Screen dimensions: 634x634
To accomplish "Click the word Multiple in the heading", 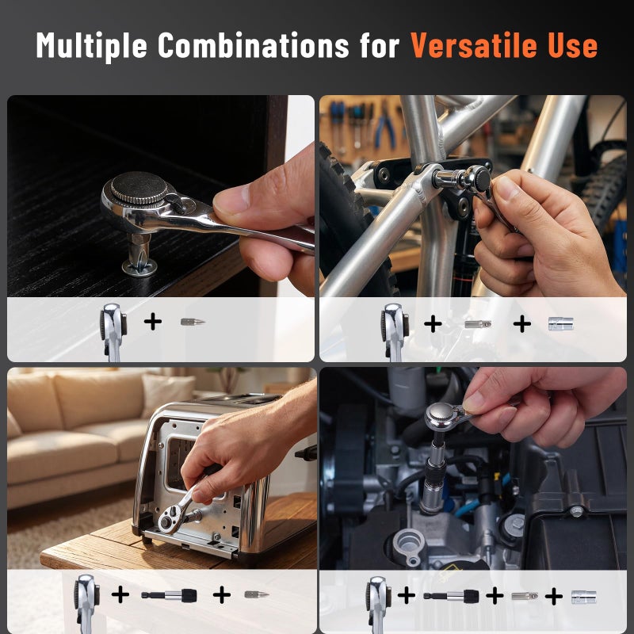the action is click(91, 46).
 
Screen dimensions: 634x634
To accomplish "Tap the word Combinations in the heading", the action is click(253, 45).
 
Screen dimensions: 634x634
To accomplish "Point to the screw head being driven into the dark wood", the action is click(139, 267).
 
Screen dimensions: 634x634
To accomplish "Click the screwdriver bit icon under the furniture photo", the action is click(193, 322).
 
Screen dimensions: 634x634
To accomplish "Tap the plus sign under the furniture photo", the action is click(153, 322).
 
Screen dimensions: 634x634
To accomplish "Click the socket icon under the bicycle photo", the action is click(561, 324).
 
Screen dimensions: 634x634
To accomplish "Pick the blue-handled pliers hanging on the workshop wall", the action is click(384, 126).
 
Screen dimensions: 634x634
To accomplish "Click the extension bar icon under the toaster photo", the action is click(169, 595).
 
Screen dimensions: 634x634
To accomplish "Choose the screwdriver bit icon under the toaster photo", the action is click(257, 594).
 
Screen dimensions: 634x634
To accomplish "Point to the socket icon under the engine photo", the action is click(584, 597).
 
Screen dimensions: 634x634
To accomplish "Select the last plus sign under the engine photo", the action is click(553, 597).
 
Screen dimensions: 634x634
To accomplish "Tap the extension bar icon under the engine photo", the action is click(452, 597).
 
